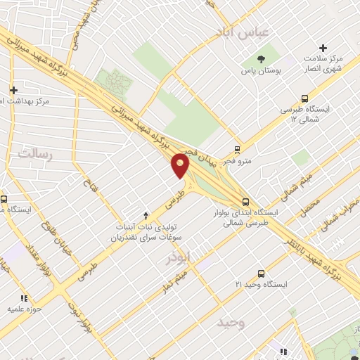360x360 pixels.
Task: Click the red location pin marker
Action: (181, 166)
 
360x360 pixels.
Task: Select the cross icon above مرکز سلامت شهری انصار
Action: (323, 48)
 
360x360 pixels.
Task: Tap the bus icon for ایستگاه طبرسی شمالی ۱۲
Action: (304, 98)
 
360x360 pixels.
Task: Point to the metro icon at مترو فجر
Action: (237, 150)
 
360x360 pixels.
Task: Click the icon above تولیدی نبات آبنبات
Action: (146, 215)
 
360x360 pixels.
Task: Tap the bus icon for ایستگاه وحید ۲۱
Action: (262, 273)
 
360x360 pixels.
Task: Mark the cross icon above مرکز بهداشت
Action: (13, 89)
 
